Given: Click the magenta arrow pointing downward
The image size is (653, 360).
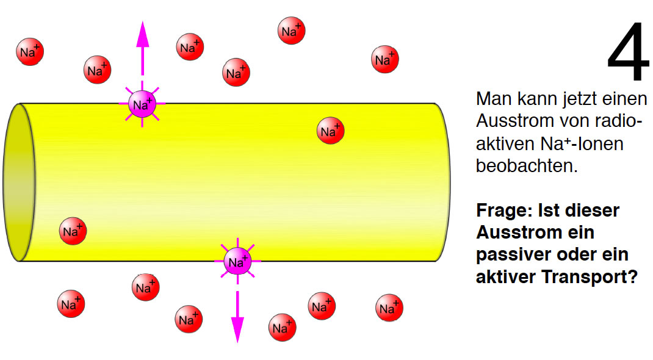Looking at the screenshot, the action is point(237,316).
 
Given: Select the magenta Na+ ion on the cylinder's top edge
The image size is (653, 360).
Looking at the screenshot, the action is point(142,104).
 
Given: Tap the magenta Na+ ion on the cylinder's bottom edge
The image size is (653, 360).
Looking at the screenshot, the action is point(238,261).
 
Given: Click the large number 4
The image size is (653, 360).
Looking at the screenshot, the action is point(628,51).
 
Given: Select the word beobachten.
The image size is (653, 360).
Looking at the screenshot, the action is point(527,165).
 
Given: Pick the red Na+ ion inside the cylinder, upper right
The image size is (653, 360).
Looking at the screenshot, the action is point(330,131).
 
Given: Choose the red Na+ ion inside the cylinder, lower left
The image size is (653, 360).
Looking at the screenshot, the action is point(73,231).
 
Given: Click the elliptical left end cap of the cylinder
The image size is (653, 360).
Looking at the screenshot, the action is point(19,182).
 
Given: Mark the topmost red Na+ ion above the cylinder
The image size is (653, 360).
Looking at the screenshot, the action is point(291,31).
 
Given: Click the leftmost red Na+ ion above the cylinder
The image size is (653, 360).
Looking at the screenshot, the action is point(30,52).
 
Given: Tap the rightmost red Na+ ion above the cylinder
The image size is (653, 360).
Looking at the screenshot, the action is point(385,59).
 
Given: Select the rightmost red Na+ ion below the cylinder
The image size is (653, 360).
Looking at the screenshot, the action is point(389,308).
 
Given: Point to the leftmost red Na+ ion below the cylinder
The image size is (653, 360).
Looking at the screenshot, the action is point(71,304).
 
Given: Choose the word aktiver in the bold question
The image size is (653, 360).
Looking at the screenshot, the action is point(502,276).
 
